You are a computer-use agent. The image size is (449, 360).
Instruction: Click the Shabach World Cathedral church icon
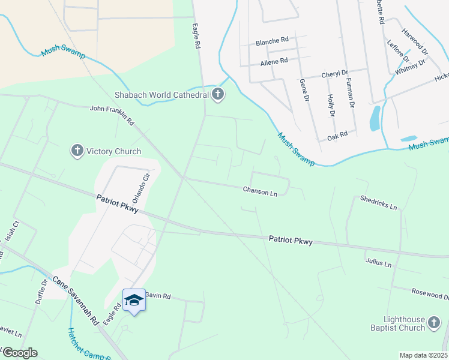tap(218, 94)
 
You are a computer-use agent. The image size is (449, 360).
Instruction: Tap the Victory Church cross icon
tap(77, 151)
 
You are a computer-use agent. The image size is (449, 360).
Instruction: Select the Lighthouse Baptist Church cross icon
tap(434, 325)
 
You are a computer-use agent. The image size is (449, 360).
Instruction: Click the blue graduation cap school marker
tap(134, 300)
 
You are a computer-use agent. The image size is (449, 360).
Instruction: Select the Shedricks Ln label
tap(379, 202)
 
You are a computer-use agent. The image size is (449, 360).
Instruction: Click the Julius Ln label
tap(378, 263)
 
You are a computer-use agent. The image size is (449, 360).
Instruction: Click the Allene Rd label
tap(274, 61)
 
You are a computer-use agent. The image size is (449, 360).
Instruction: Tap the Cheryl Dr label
tap(334, 74)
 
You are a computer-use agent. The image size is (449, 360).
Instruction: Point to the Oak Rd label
tap(337, 137)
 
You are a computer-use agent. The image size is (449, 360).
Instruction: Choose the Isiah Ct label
tap(13, 232)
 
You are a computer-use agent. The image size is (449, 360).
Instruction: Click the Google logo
tap(20, 352)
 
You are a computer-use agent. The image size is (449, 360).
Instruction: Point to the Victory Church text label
tap(114, 151)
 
